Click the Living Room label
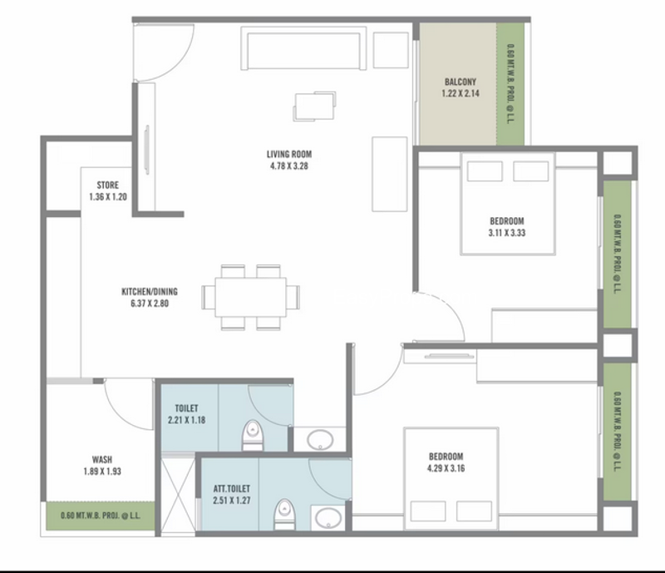[289, 154]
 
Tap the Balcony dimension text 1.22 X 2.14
[461, 93]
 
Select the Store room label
[108, 185]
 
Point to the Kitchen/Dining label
[150, 292]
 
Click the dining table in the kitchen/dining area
[251, 297]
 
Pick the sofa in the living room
[303, 48]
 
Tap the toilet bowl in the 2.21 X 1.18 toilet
[253, 435]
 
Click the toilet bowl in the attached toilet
[284, 515]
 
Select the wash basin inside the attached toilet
[328, 518]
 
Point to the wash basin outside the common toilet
[320, 440]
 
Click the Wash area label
[102, 459]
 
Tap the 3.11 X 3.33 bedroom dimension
[507, 233]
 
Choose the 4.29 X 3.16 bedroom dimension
[446, 468]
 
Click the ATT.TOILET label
[232, 488]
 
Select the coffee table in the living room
[314, 106]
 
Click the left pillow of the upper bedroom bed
[485, 171]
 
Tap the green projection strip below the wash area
[101, 516]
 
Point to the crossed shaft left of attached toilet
[178, 495]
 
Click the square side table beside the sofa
[391, 50]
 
